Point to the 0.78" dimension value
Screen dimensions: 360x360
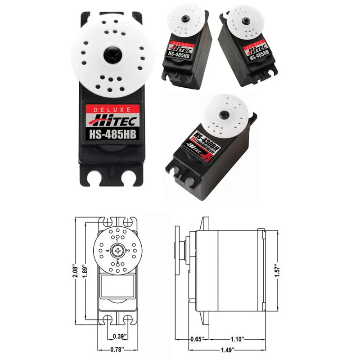pos(118,349)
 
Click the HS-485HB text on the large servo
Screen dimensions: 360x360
pos(112,134)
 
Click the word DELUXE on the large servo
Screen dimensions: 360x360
pos(112,109)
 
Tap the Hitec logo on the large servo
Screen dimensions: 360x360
pos(112,120)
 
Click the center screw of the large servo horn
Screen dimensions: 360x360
pos(112,55)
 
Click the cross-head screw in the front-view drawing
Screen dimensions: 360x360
pos(118,249)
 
